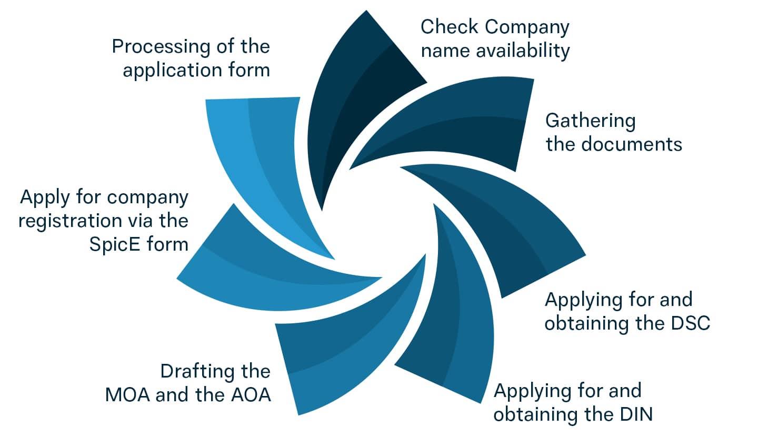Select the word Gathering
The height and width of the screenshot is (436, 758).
click(590, 121)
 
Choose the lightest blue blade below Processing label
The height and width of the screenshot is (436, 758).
click(258, 158)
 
